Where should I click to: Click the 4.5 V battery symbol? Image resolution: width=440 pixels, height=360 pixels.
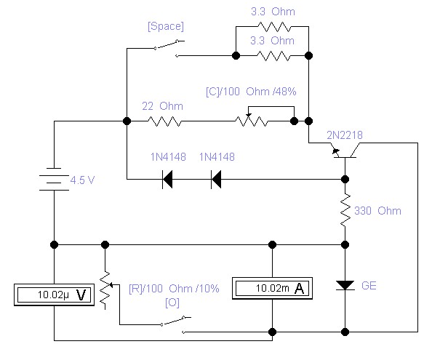(54, 179)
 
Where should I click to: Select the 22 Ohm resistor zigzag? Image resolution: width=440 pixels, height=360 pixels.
(164, 121)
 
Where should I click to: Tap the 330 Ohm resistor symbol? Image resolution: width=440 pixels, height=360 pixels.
(345, 210)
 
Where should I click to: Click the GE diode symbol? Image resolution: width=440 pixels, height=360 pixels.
(345, 285)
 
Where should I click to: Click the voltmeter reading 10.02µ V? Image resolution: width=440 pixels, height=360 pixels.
(54, 295)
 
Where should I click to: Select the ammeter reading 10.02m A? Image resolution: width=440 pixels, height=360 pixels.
(272, 288)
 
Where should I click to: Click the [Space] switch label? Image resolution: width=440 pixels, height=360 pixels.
(166, 26)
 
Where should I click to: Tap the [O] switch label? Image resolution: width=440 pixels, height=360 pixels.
(172, 303)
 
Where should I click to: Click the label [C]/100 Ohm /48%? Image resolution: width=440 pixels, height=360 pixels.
(251, 92)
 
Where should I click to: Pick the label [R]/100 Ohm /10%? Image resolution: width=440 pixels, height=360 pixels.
(174, 289)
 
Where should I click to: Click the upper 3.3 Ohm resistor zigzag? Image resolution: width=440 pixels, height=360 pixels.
(274, 27)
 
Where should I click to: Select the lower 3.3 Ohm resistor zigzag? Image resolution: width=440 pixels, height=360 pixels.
(273, 56)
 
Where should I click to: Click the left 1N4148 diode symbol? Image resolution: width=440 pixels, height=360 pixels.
(167, 179)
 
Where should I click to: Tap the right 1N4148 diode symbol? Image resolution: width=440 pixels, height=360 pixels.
(216, 179)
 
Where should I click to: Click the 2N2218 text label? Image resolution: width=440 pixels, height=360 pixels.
(345, 135)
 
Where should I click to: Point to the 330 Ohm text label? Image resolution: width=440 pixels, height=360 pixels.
(377, 211)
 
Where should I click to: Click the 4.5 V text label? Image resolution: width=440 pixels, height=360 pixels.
(82, 180)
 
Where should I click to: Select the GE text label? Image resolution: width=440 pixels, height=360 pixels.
(369, 286)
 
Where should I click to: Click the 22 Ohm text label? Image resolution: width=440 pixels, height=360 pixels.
(162, 106)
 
